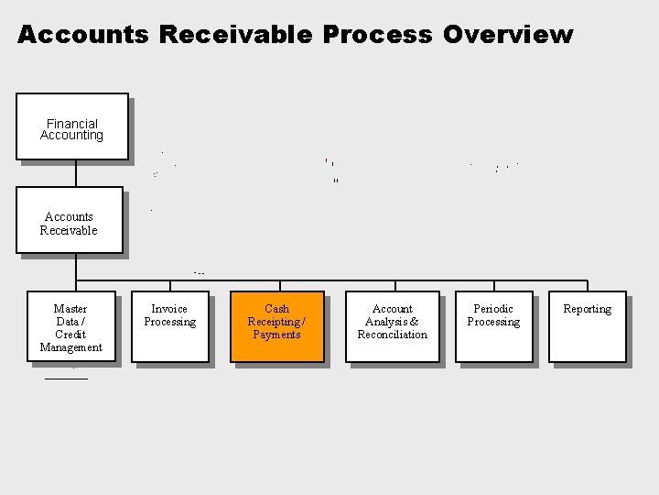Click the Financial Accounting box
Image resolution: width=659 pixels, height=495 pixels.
coord(71,126)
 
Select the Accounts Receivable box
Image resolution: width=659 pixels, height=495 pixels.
coord(69,220)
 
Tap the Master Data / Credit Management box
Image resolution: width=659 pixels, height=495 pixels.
coord(70,327)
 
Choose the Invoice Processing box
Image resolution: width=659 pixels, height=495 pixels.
coord(170,326)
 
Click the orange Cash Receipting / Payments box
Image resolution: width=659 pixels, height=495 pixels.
coord(276,326)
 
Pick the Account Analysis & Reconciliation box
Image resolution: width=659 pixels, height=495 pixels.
coord(393,326)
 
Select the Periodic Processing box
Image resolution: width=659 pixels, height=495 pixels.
coord(494,326)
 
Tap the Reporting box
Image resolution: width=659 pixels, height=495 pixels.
coord(587,326)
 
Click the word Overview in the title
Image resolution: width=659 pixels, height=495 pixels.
coord(508,35)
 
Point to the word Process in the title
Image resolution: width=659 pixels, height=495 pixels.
coord(377,35)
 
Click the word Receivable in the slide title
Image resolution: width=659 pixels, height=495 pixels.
coord(236,35)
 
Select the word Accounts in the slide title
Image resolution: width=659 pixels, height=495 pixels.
coord(83,35)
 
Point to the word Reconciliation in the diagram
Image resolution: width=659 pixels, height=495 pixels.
coord(393,335)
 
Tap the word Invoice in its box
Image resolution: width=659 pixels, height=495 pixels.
coord(169,309)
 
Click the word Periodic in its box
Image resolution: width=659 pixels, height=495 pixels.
coord(493,309)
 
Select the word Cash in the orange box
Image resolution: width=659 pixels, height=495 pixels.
coord(276,309)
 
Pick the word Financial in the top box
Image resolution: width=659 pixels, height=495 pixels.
coord(72,124)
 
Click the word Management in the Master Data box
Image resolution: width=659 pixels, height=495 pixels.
coord(71,347)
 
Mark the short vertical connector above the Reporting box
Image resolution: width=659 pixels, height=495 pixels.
coord(588,286)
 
